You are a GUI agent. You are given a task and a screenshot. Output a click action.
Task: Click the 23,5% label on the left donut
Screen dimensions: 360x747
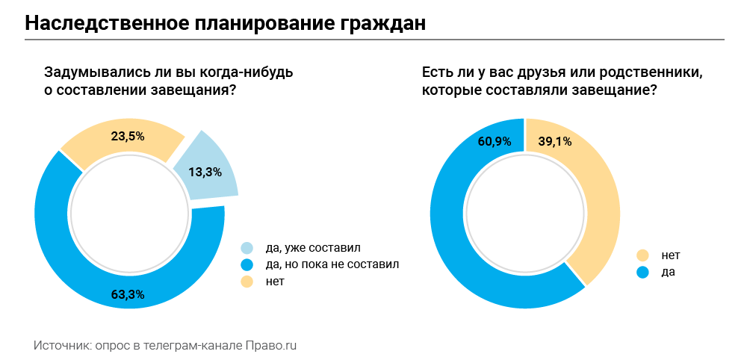point(128,137)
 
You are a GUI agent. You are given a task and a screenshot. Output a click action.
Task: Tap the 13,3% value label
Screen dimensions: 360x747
point(205,173)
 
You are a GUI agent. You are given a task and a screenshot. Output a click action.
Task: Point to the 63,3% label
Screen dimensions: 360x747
point(128,294)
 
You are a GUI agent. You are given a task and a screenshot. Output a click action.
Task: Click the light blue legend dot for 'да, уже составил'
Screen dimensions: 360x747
point(247,248)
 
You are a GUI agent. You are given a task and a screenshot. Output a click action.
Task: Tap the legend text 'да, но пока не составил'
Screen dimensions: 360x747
point(332,264)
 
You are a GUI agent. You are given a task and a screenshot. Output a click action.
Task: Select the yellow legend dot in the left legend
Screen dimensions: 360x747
point(247,282)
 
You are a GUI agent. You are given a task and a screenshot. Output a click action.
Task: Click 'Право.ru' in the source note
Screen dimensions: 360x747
point(272,346)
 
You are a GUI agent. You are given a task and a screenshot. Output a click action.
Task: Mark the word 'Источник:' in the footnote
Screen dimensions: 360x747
point(61,346)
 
